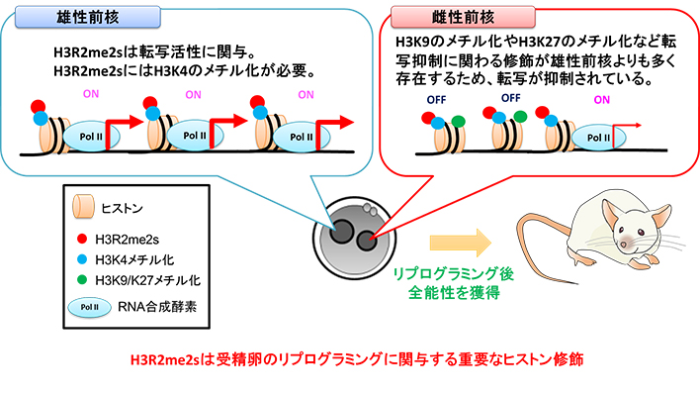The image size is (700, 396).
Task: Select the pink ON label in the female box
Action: tap(602, 99)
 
